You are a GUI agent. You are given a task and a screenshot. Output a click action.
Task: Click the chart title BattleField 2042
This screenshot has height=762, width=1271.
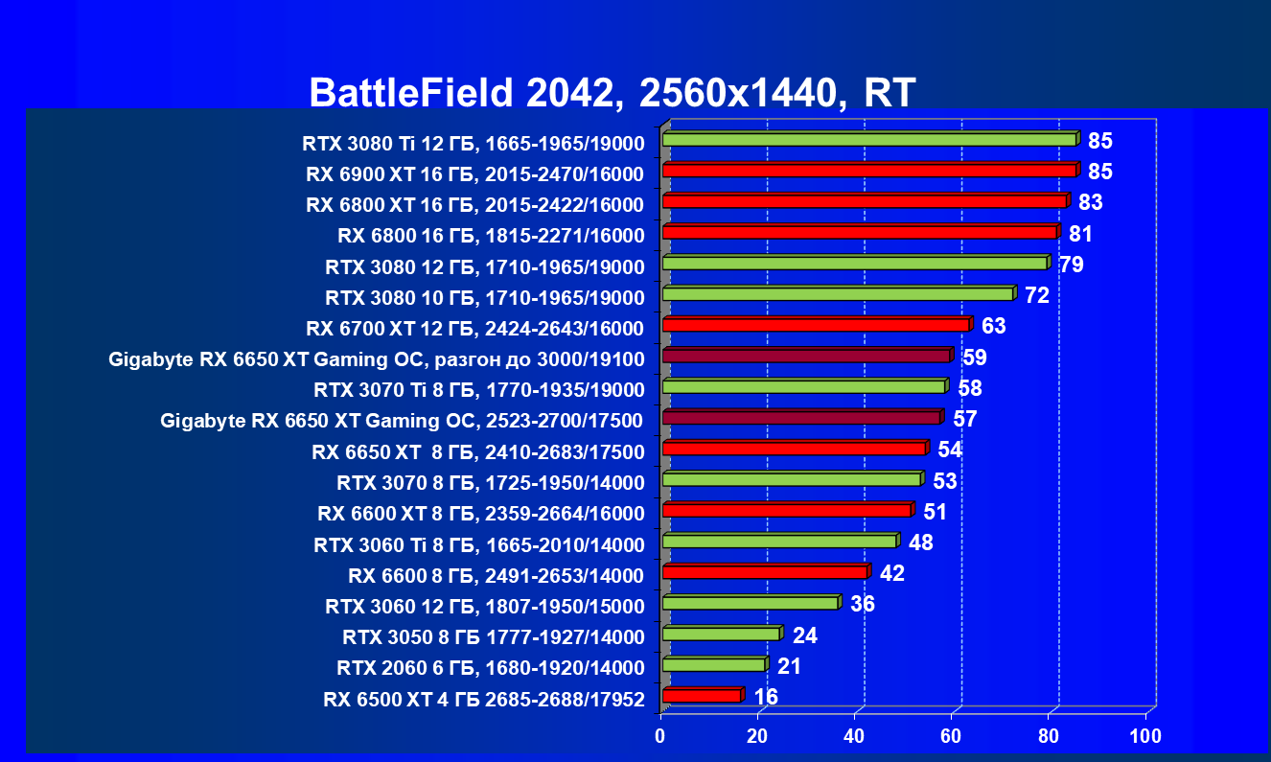tap(612, 93)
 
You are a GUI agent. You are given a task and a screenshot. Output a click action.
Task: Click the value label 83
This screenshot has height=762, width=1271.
tap(1090, 202)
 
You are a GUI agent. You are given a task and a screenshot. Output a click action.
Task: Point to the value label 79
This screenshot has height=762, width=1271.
tap(1071, 265)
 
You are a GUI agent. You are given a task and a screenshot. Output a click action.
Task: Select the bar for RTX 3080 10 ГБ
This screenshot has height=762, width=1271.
tap(838, 294)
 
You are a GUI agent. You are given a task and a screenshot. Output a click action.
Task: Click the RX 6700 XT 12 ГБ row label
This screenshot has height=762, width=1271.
tap(474, 329)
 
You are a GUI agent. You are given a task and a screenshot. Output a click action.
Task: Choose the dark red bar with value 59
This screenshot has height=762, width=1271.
tap(806, 357)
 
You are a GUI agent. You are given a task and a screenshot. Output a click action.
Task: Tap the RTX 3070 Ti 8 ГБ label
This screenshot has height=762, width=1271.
tap(478, 390)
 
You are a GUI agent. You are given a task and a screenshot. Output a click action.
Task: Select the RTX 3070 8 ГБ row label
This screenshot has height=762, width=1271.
tap(490, 482)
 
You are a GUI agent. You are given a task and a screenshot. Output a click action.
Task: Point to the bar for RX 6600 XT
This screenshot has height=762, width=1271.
tap(787, 510)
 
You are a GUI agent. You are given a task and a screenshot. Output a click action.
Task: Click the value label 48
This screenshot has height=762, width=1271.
tap(921, 543)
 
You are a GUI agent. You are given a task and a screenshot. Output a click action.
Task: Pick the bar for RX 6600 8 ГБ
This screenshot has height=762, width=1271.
tap(765, 572)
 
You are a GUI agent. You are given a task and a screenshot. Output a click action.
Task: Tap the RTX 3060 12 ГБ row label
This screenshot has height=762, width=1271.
tap(484, 606)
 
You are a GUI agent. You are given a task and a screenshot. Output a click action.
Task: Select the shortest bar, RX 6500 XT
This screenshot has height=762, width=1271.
tap(702, 696)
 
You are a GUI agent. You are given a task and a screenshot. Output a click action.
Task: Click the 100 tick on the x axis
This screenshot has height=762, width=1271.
tap(1145, 736)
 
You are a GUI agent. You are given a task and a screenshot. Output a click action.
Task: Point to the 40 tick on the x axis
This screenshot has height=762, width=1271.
tap(854, 736)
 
